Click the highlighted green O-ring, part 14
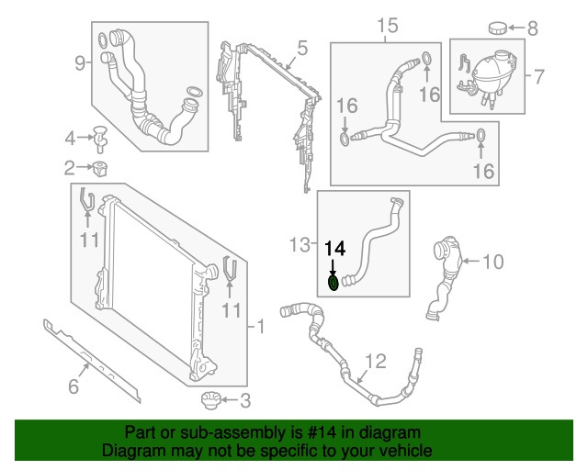point(335,284)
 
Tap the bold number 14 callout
point(335,248)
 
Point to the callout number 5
point(301,46)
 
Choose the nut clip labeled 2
point(100,168)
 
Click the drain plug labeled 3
point(210,400)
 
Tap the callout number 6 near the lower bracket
point(73,386)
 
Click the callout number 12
point(370,360)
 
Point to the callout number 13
point(299,244)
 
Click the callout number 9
point(81,62)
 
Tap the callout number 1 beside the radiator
point(260,326)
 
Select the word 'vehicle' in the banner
point(405,451)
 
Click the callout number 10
point(492,263)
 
